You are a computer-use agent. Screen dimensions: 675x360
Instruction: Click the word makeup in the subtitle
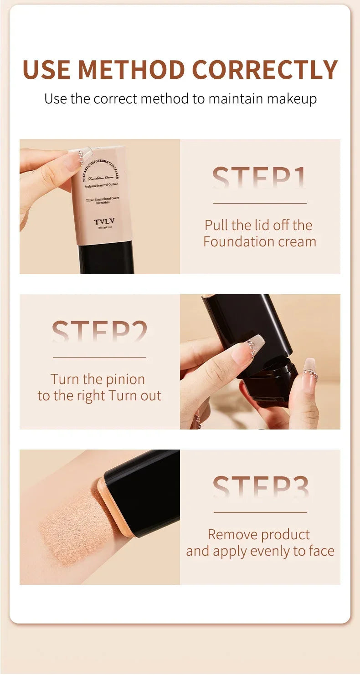pyautogui.click(x=292, y=99)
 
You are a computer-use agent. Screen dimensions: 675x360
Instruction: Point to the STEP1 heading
pyautogui.click(x=259, y=178)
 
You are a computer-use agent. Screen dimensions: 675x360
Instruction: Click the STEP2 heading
pyautogui.click(x=99, y=332)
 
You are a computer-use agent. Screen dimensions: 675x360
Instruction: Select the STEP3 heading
pyautogui.click(x=260, y=487)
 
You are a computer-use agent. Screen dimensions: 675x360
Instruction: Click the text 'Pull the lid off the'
pyautogui.click(x=258, y=225)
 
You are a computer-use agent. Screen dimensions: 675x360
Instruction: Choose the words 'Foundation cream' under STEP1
pyautogui.click(x=260, y=241)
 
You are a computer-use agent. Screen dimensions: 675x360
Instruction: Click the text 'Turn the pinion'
pyautogui.click(x=98, y=379)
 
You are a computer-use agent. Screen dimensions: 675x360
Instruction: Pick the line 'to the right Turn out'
pyautogui.click(x=99, y=395)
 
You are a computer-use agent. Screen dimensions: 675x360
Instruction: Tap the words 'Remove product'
pyautogui.click(x=259, y=534)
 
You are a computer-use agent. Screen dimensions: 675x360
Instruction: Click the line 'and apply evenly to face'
pyautogui.click(x=260, y=551)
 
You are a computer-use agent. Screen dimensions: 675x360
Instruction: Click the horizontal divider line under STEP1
pyautogui.click(x=260, y=203)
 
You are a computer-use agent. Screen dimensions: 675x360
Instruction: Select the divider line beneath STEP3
pyautogui.click(x=260, y=512)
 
